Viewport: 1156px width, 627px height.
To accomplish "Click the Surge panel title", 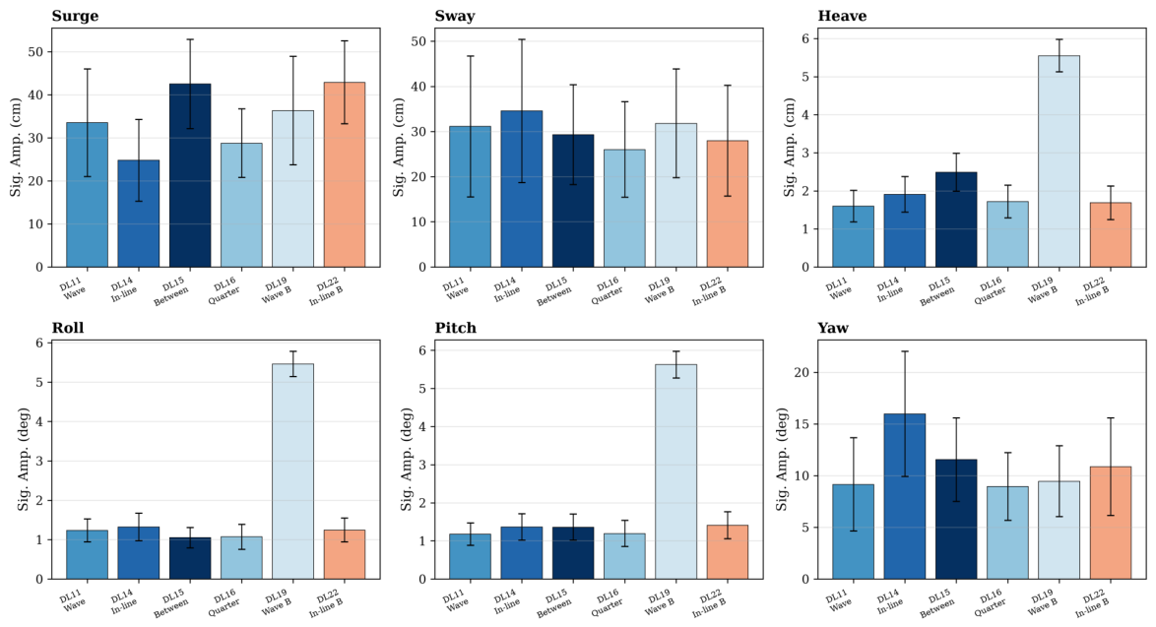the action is click(75, 16).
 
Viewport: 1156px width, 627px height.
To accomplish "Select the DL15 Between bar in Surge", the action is click(190, 175).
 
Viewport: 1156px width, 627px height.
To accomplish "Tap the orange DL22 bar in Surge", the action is click(345, 174).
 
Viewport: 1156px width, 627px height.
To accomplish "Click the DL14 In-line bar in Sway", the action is click(521, 189).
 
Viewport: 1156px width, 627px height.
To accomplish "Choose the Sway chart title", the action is click(455, 16).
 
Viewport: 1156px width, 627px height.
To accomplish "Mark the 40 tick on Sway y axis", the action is click(420, 87).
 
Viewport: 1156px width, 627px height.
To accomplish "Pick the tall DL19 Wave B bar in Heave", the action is click(1059, 161).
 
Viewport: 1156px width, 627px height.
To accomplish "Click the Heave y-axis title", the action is click(790, 148).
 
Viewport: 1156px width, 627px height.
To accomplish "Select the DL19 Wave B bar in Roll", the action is click(292, 471).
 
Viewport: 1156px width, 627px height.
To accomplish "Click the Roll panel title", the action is click(68, 328).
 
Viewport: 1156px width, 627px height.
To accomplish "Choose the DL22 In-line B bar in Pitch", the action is click(727, 552).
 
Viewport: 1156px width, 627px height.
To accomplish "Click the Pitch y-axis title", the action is click(407, 460).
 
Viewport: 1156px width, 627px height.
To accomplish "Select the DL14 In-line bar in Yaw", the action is click(905, 497).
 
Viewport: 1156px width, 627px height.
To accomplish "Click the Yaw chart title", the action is click(833, 328).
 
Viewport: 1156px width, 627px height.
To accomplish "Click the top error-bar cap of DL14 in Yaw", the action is click(905, 351).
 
